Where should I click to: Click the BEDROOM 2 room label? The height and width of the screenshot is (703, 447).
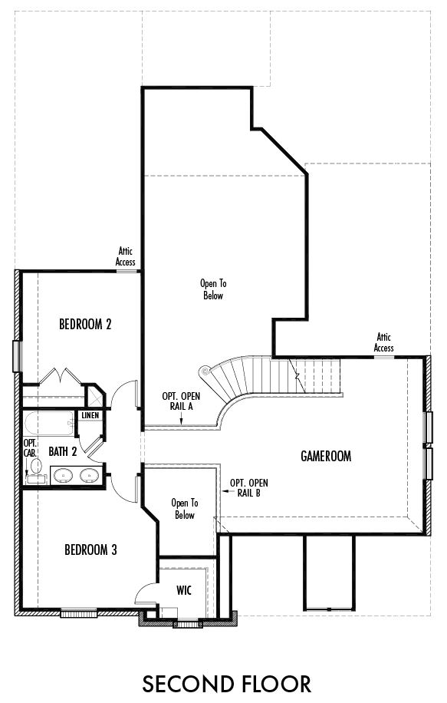point(85,324)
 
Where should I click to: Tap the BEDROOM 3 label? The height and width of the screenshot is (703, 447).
point(90,550)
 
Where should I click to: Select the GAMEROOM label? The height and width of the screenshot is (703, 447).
point(326,457)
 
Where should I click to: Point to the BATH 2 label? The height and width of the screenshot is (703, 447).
point(63,451)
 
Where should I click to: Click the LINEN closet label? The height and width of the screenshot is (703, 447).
point(90,416)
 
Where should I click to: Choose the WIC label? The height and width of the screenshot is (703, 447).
point(184,590)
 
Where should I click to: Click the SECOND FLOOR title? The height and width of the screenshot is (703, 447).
point(227,684)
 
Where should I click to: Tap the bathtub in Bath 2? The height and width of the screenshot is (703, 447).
point(49,424)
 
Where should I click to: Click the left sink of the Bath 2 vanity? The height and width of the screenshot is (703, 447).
point(64,475)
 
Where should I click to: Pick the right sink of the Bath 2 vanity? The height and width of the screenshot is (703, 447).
point(90,475)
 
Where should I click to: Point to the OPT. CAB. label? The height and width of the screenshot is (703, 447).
point(30,448)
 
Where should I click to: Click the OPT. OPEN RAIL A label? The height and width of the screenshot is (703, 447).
point(181,401)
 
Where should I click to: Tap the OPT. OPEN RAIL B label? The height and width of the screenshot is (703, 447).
point(249,488)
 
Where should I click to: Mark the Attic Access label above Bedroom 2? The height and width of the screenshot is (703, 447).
point(126,256)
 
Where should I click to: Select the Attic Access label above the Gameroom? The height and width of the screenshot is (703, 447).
point(384,342)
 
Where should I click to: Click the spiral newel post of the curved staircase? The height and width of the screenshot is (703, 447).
point(205,371)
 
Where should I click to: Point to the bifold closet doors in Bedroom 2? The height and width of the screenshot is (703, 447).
point(60,376)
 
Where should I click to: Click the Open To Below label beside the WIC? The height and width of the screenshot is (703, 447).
point(185,509)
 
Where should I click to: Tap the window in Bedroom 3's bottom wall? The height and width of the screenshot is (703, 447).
point(79,612)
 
